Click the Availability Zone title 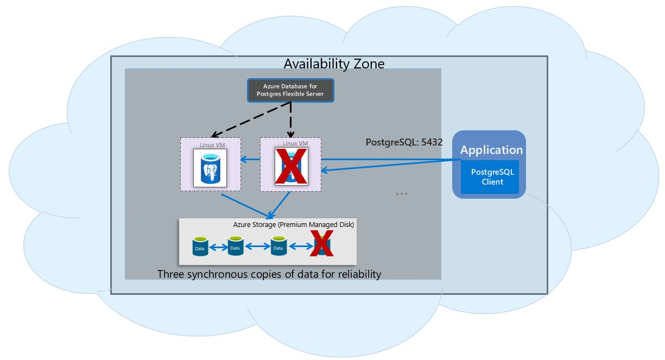tap(334, 64)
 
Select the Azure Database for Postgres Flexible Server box tap(290, 90)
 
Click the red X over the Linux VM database tap(291, 166)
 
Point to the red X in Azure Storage tap(321, 244)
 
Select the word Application tap(491, 150)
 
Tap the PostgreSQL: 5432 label tap(404, 143)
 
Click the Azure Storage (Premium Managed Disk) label tap(294, 224)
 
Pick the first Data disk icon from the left tap(200, 247)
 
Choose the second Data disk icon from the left tap(235, 245)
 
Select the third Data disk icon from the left tap(278, 245)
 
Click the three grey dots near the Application tap(402, 194)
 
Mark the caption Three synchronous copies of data tap(269, 274)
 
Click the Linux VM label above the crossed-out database tap(295, 143)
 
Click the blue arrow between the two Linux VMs tap(250, 160)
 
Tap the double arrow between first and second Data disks tap(217, 248)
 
